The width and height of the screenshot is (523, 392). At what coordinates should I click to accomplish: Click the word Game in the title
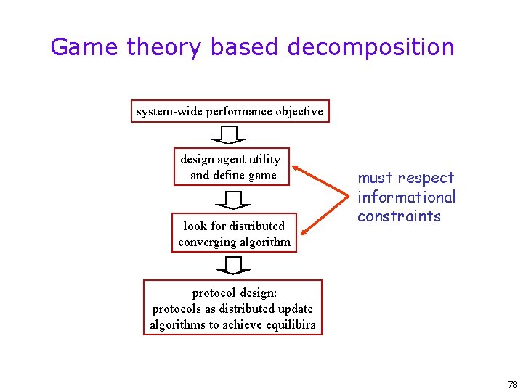84,47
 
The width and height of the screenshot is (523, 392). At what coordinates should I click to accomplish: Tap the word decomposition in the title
370,48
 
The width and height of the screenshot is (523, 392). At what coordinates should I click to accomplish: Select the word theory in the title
163,48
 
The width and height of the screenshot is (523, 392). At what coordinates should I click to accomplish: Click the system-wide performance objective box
230,111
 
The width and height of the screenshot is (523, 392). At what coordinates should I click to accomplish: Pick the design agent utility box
230,167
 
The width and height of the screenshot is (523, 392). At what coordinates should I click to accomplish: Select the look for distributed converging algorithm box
234,234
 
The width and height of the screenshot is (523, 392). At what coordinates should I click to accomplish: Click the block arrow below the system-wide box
230,135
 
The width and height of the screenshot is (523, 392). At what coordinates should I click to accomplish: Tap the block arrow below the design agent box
233,200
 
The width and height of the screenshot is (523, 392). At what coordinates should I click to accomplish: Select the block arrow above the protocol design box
233,266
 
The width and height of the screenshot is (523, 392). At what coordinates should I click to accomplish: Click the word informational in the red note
406,197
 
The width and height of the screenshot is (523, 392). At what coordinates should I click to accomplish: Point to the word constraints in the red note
399,216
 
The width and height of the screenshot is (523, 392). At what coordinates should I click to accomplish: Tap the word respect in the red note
426,178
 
